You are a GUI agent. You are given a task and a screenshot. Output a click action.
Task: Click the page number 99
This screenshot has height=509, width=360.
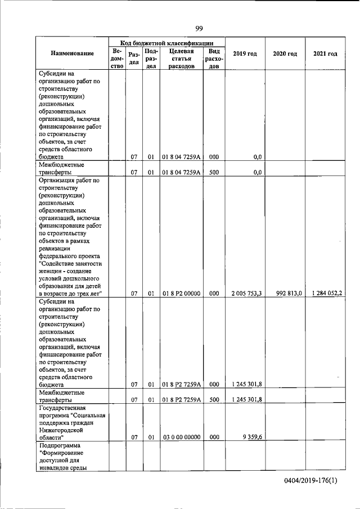(x=199, y=29)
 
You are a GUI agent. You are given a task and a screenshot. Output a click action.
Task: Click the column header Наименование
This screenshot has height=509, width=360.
(x=72, y=53)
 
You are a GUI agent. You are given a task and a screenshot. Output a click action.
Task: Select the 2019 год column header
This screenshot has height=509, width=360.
(x=245, y=53)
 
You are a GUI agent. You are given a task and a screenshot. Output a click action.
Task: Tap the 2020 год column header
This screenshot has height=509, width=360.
(x=285, y=53)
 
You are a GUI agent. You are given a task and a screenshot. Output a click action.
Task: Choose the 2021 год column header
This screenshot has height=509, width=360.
(x=325, y=53)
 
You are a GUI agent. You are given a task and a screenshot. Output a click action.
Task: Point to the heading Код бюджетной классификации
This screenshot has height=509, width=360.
(x=166, y=42)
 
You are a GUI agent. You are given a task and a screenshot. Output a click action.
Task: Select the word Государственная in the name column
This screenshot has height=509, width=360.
(x=61, y=408)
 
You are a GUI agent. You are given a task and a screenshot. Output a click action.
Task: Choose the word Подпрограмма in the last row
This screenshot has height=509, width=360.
(x=57, y=445)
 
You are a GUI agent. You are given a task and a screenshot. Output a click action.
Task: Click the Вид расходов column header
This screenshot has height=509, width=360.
(x=214, y=58)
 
